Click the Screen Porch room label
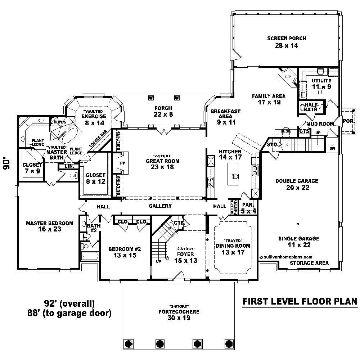point(287,42)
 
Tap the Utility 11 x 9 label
point(321,84)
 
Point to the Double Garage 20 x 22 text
point(297,184)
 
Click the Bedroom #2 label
point(122,252)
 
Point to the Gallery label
point(160,206)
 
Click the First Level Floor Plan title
point(300,301)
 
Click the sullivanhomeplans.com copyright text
point(286,257)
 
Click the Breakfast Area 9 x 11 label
point(225,117)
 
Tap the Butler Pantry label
point(234,207)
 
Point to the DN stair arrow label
point(332,148)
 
